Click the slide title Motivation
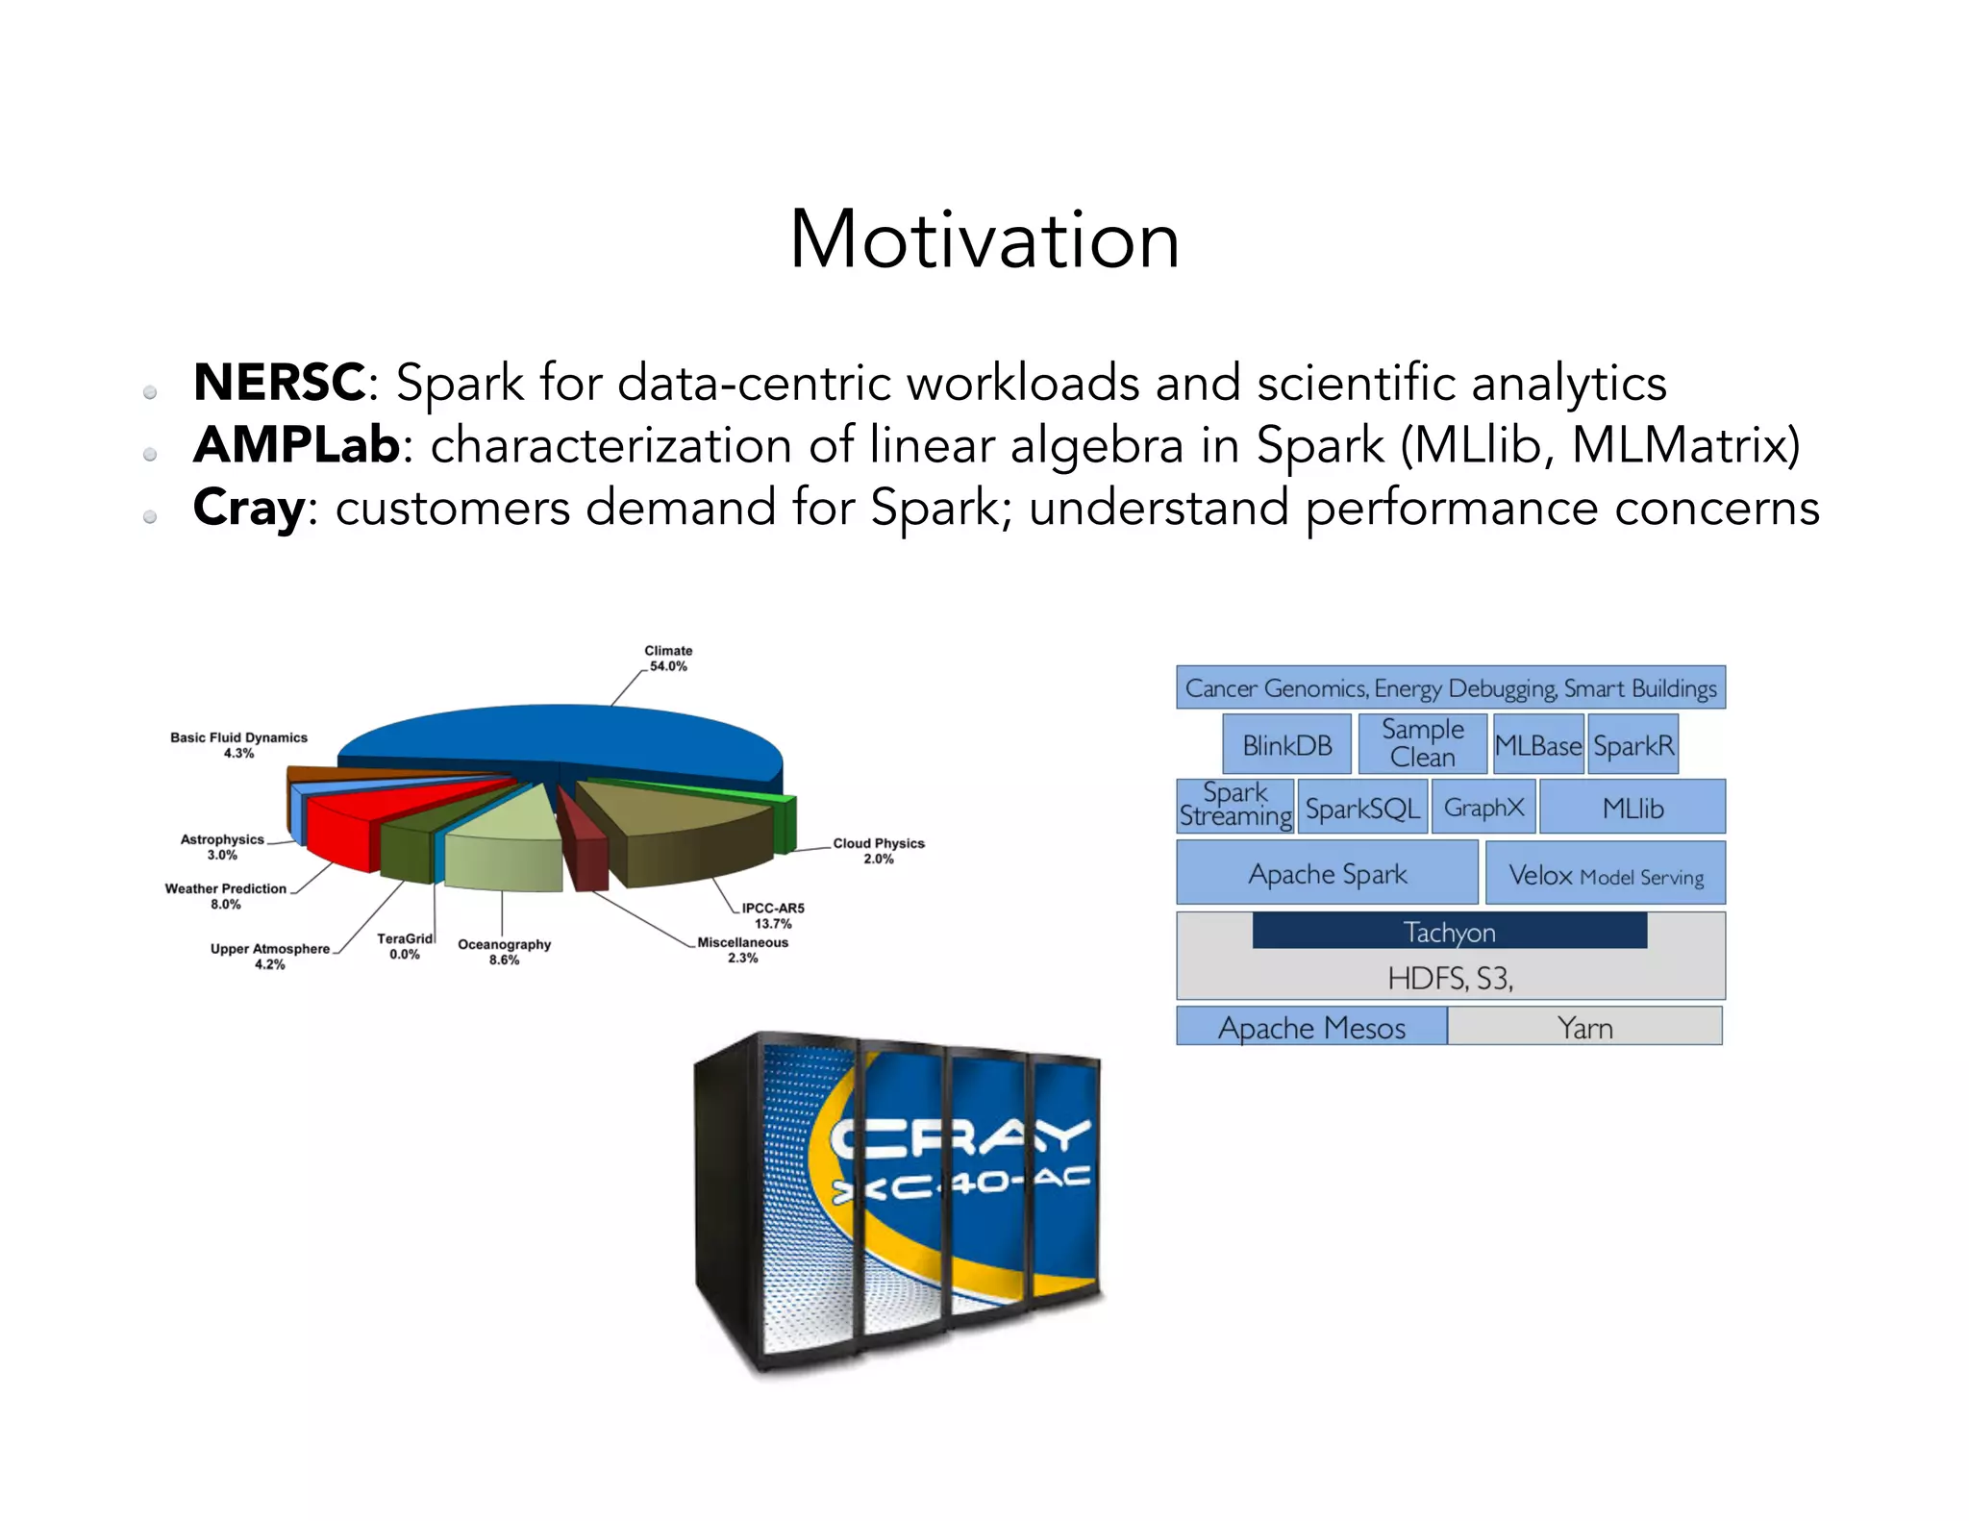(x=984, y=240)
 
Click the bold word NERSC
(x=279, y=383)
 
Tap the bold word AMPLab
(x=296, y=445)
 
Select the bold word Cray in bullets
(x=249, y=508)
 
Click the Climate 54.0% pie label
(x=668, y=659)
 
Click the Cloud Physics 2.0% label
(x=878, y=851)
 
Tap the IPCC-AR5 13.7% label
(x=772, y=915)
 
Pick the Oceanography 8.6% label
(x=504, y=952)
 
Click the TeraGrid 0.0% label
(x=405, y=946)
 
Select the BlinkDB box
(x=1286, y=745)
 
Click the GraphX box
(x=1483, y=808)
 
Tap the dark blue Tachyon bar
(x=1449, y=932)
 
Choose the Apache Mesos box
(x=1311, y=1027)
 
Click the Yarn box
(x=1584, y=1027)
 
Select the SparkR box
(x=1633, y=745)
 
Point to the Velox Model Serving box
(x=1605, y=875)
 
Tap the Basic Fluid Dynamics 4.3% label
(x=238, y=745)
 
